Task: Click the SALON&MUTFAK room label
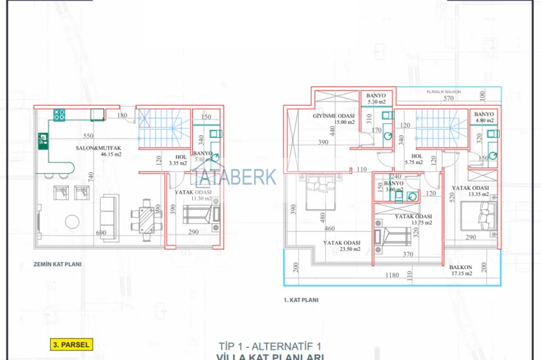(x=98, y=147)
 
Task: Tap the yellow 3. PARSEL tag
(x=71, y=345)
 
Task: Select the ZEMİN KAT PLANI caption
(x=58, y=263)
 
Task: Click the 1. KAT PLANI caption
(x=300, y=299)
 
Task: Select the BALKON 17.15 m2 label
(x=460, y=270)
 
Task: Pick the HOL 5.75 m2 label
(x=417, y=159)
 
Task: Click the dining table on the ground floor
(x=146, y=218)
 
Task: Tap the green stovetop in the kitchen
(x=59, y=114)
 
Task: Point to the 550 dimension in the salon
(x=88, y=136)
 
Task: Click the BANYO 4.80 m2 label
(x=483, y=116)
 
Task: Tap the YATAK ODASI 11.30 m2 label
(x=193, y=195)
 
